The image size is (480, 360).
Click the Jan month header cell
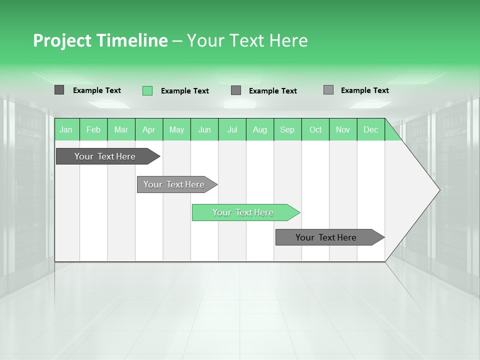[x=66, y=129]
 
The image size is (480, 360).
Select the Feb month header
[x=93, y=129]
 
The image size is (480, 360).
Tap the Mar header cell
[x=121, y=129]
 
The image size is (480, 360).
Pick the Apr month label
[x=149, y=129]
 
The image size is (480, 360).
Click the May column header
[x=176, y=129]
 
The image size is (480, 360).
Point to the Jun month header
[x=204, y=129]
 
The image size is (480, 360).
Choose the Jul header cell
[x=232, y=129]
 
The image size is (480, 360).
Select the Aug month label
[x=260, y=129]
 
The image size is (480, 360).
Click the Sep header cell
[x=287, y=129]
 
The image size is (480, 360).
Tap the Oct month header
[x=315, y=129]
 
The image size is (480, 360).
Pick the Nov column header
[x=343, y=129]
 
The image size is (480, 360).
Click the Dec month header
[x=371, y=129]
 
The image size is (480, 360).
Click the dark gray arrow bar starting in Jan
[x=105, y=156]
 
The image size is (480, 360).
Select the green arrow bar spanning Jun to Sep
[x=243, y=212]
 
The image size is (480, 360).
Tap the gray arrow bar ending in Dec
[x=326, y=237]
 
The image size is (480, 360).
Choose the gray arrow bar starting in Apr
[x=174, y=184]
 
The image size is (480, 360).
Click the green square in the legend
[x=147, y=90]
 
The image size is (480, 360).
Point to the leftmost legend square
[x=59, y=90]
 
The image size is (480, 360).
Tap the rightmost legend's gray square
[x=328, y=90]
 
